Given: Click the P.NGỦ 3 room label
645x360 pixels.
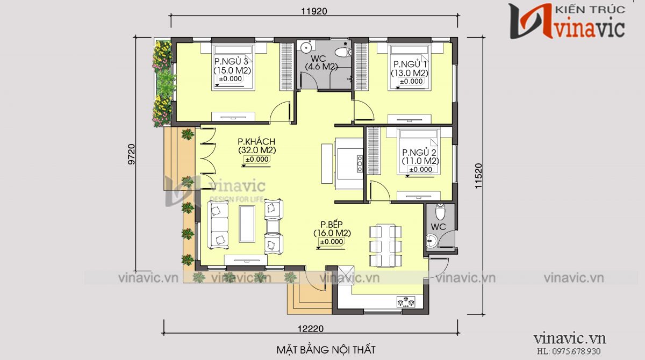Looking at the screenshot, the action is [x=231, y=61].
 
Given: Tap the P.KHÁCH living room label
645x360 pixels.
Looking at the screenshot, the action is [x=256, y=142].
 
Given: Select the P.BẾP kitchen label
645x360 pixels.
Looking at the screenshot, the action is [x=332, y=224].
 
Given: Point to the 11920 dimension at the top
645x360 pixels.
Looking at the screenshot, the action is [x=314, y=11].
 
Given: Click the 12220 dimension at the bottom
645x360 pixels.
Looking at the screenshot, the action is [x=311, y=329].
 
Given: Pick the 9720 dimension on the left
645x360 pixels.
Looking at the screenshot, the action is [x=131, y=154].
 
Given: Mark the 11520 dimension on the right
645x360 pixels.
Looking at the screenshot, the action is [x=478, y=176].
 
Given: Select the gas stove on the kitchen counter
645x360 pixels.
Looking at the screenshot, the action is [x=406, y=302].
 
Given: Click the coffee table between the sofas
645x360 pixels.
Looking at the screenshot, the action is [x=247, y=224].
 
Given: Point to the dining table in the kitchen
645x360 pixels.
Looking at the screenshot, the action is [x=385, y=246].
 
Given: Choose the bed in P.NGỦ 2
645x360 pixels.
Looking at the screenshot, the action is [x=418, y=152].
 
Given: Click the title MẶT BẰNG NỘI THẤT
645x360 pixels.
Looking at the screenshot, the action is [x=326, y=350].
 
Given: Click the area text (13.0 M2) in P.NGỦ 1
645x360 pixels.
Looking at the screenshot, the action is [x=410, y=73].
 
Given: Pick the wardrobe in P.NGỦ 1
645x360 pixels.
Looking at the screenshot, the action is [x=361, y=67].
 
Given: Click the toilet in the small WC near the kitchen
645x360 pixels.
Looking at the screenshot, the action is [x=440, y=212].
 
